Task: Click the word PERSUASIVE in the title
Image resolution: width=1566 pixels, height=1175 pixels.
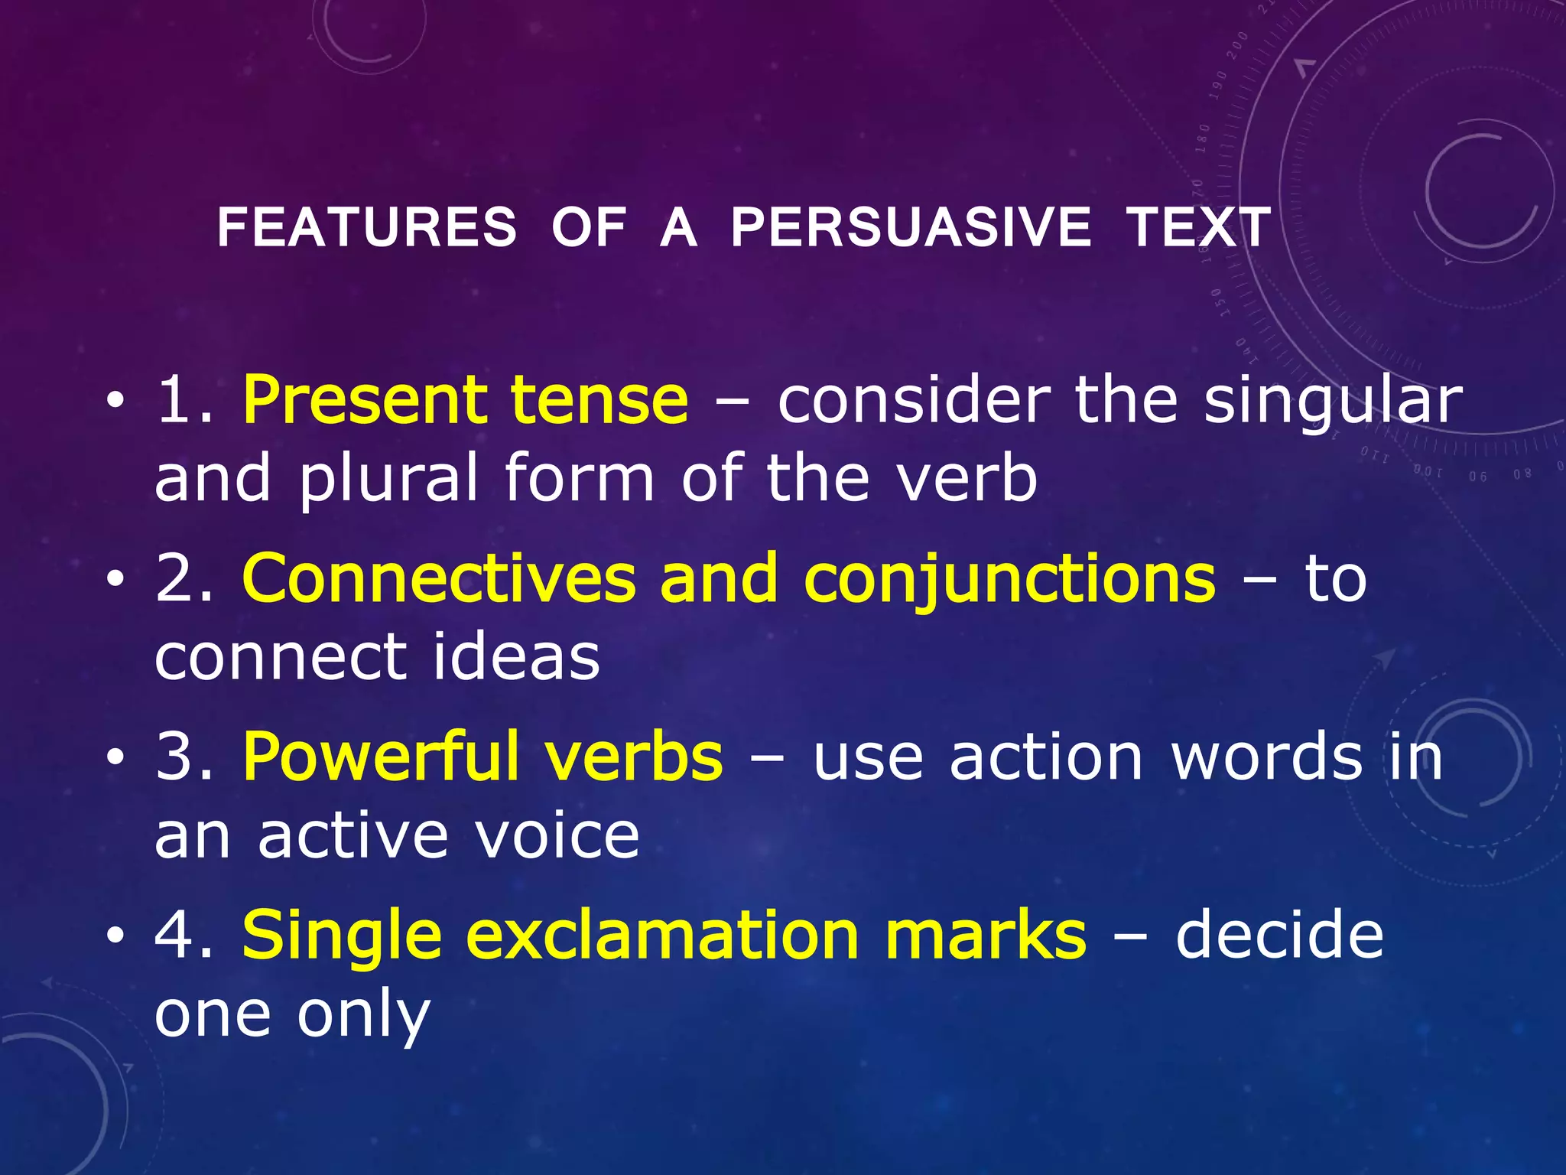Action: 911,228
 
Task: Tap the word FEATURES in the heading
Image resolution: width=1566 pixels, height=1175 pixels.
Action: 367,228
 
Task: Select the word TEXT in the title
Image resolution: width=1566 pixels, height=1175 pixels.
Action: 1198,228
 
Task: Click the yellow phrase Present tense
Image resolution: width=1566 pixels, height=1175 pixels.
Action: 465,401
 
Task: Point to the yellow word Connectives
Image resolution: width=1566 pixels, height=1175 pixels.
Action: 438,579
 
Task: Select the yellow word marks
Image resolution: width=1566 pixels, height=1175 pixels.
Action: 985,936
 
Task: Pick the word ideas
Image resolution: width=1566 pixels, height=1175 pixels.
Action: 516,657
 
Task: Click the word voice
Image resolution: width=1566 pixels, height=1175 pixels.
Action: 557,835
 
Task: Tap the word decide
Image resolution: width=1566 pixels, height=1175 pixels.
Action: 1279,936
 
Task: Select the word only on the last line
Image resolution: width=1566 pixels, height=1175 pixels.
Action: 363,1016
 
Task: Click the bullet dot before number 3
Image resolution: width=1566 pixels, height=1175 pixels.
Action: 115,757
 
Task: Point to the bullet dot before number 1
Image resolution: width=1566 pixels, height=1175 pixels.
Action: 115,401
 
